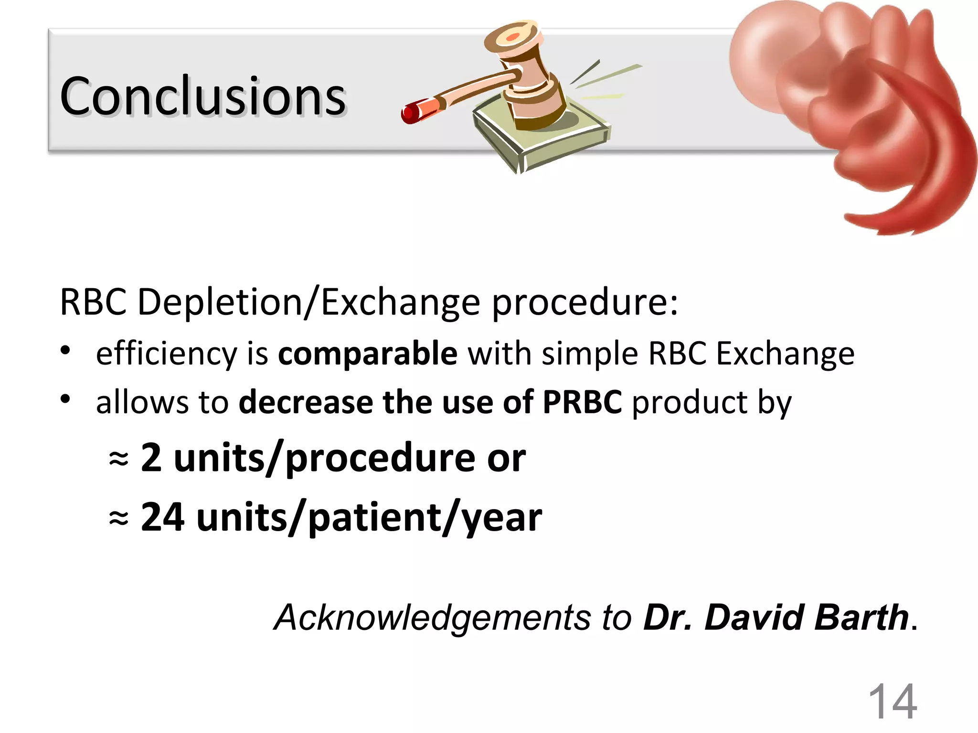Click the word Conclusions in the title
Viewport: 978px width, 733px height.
203,97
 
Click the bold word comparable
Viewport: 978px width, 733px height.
367,354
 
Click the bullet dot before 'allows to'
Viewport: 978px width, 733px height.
66,399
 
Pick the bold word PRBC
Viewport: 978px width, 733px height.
582,402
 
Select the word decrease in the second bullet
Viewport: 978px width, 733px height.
306,402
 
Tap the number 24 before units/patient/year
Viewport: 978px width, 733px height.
162,517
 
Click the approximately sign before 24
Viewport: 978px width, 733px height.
118,518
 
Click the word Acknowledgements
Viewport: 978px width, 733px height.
432,618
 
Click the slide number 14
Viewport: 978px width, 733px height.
892,702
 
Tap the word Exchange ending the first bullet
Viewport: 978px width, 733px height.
785,354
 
